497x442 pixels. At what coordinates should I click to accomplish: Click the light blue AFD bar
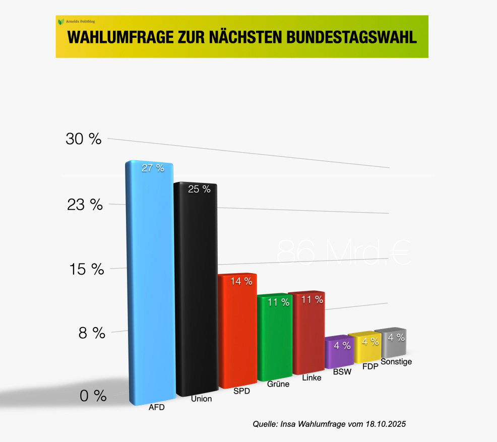click(x=149, y=282)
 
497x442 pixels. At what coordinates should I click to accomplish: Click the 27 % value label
click(x=153, y=168)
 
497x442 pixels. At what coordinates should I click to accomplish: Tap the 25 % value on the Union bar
click(x=199, y=189)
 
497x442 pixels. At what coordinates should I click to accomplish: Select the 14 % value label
click(x=241, y=281)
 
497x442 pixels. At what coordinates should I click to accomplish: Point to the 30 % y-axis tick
click(x=84, y=139)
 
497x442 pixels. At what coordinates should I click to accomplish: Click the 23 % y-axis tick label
click(x=85, y=204)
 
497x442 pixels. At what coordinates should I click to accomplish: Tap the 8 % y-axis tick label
click(x=91, y=333)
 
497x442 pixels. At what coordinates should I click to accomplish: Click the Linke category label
click(x=312, y=377)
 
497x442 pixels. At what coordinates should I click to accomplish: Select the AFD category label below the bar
click(x=156, y=407)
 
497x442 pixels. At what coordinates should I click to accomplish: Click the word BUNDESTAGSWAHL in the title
click(x=350, y=38)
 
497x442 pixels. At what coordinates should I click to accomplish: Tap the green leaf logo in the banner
click(x=61, y=22)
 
